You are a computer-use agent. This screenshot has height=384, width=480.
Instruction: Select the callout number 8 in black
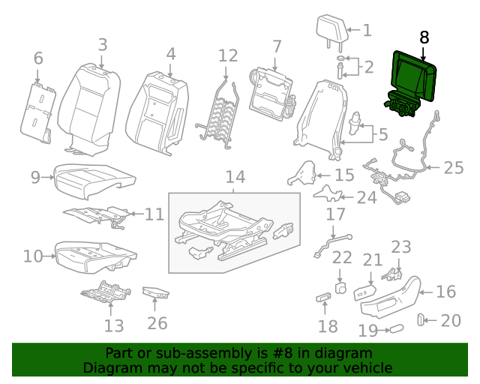[x=424, y=37]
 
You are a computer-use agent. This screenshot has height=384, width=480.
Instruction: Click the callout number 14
[x=235, y=177]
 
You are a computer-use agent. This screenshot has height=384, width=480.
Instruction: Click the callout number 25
[x=454, y=167]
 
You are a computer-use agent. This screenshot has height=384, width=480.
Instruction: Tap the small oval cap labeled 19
[x=395, y=328]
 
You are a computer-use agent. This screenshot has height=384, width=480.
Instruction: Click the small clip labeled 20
[x=421, y=321]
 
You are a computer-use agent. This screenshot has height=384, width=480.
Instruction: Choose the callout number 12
[x=228, y=55]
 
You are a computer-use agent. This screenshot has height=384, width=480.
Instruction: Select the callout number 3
[x=103, y=45]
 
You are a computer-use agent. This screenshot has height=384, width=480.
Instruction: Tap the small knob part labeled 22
[x=340, y=287]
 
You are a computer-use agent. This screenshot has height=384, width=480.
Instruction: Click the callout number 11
[x=154, y=214]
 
